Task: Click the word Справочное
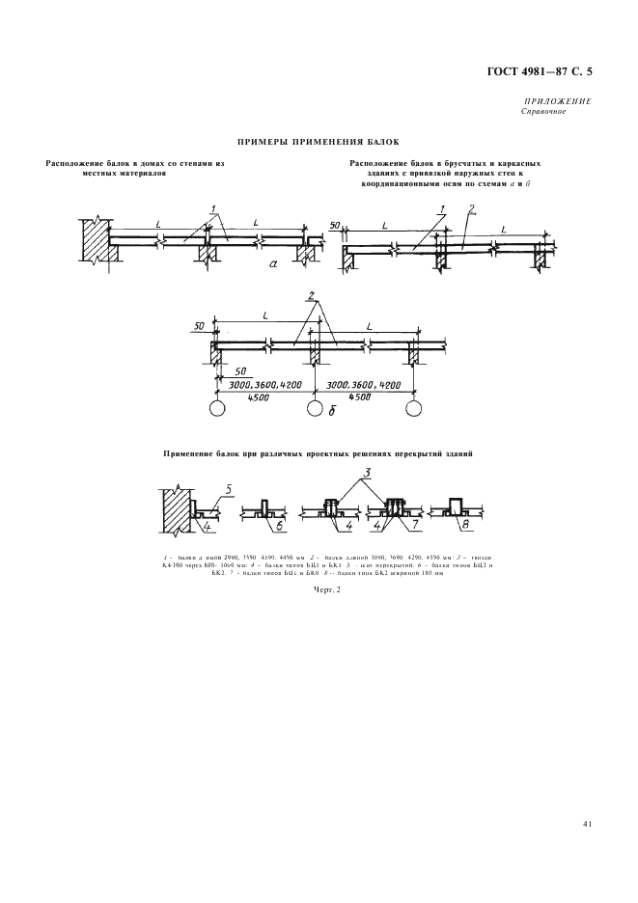[x=542, y=111]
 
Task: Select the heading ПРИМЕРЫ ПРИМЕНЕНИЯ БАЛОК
[x=318, y=141]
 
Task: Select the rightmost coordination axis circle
[x=414, y=408]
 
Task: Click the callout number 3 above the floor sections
[x=368, y=474]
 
